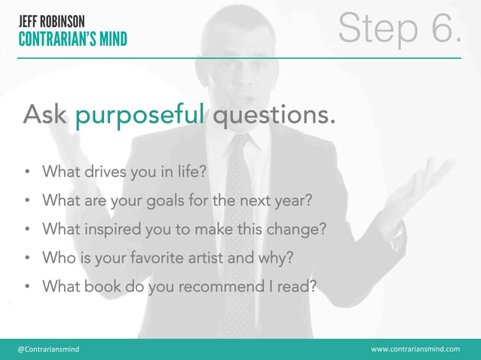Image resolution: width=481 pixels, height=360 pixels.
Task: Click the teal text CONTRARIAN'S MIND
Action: [x=73, y=38]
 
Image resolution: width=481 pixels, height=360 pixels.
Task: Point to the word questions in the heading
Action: [x=274, y=116]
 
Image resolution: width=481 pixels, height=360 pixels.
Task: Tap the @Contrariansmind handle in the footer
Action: [x=48, y=349]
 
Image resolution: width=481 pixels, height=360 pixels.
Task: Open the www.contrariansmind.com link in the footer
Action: [x=415, y=349]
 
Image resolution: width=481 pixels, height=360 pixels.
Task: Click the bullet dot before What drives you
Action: [x=26, y=172]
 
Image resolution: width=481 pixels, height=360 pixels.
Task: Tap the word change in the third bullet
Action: [x=303, y=230]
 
